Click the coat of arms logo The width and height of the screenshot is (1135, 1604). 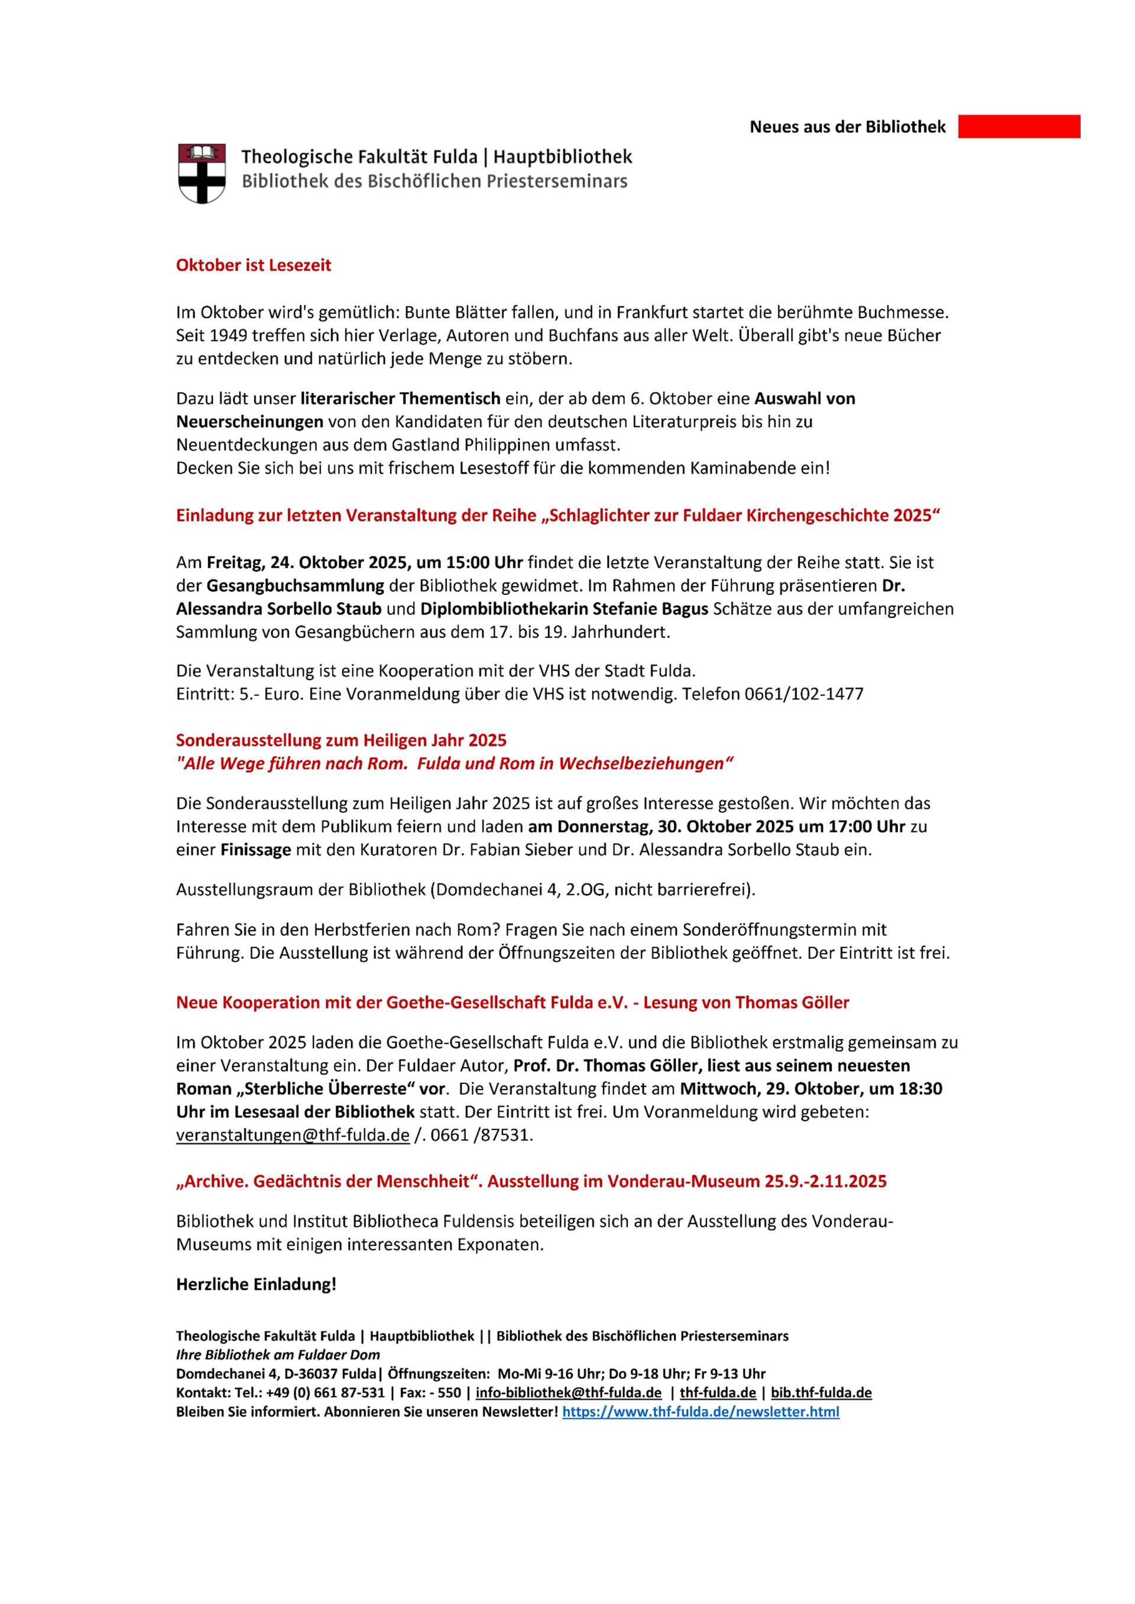pyautogui.click(x=202, y=173)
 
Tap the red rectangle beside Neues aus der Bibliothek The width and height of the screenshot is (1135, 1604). pyautogui.click(x=1019, y=126)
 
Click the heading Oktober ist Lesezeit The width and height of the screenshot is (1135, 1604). pyautogui.click(x=253, y=265)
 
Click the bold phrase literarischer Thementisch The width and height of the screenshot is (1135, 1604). pyautogui.click(x=400, y=399)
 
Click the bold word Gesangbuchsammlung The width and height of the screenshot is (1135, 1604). pyautogui.click(x=295, y=585)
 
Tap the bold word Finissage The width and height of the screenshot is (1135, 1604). pyautogui.click(x=256, y=850)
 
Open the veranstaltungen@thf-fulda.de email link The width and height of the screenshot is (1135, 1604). pyautogui.click(x=292, y=1136)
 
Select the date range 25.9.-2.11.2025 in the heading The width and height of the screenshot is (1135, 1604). pyautogui.click(x=825, y=1182)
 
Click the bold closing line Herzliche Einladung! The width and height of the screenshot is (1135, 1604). pyautogui.click(x=256, y=1284)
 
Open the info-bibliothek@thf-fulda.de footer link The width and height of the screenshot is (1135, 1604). pyautogui.click(x=568, y=1392)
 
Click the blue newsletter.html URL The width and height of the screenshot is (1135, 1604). pyautogui.click(x=701, y=1411)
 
